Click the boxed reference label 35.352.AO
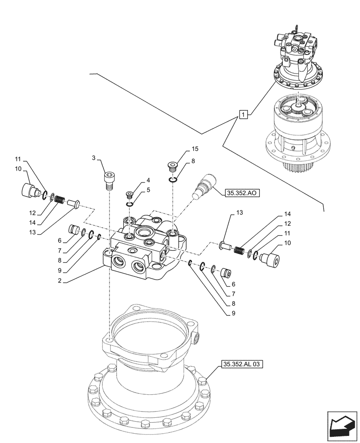[243, 193]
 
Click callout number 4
[143, 180]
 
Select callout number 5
[143, 190]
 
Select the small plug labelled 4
[129, 194]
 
